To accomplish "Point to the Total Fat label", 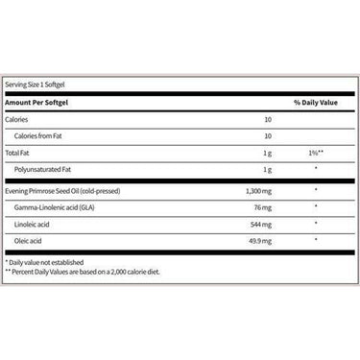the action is [21, 153].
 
